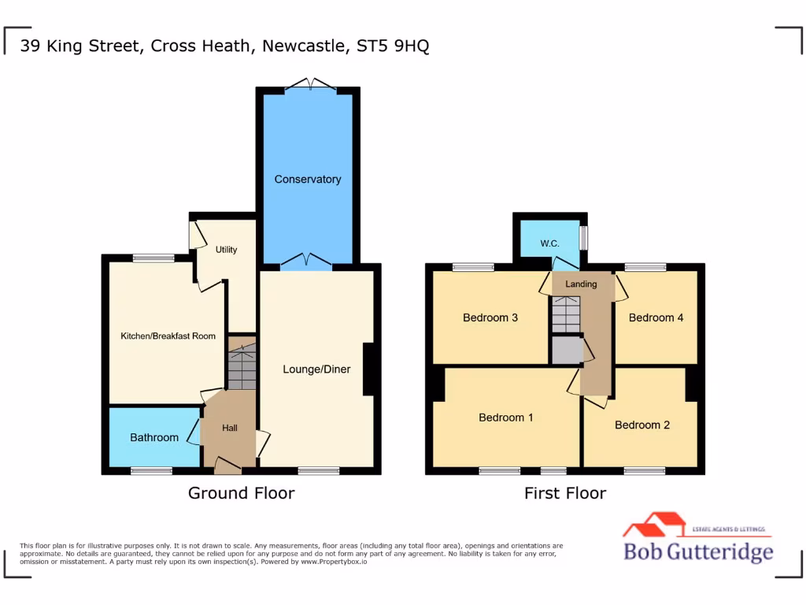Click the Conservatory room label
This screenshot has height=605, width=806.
[x=308, y=180]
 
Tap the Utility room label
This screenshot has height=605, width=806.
[x=227, y=250]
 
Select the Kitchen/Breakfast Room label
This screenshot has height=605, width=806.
[x=168, y=336]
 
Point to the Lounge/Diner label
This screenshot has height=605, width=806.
[x=316, y=369]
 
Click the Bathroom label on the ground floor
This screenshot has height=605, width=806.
[x=154, y=437]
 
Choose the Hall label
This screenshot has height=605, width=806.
[x=230, y=428]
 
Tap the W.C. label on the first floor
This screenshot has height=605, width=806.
[x=549, y=243]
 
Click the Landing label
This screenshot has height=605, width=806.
[x=581, y=284]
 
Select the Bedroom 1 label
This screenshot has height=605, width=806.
[x=506, y=418]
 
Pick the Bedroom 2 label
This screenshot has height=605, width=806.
[x=642, y=425]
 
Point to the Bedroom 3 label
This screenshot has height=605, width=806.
[x=490, y=317]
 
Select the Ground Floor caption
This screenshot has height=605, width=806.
[x=241, y=493]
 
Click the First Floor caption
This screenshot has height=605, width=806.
[x=565, y=493]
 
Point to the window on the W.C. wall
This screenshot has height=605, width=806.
[x=584, y=237]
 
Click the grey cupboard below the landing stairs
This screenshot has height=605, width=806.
[x=565, y=350]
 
